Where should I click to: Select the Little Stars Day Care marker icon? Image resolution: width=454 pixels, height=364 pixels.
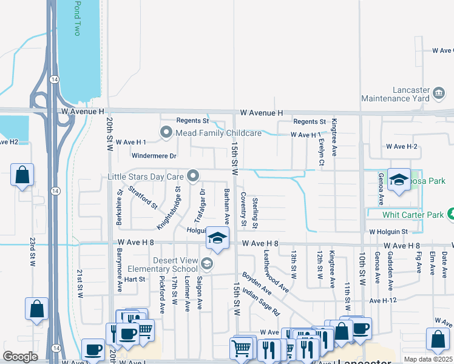(x=194, y=176)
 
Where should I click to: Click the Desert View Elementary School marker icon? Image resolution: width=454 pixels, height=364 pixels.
(x=207, y=263)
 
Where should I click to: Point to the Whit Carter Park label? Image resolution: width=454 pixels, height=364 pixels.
(x=413, y=215)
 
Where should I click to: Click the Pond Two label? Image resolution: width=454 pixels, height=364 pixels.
(x=76, y=18)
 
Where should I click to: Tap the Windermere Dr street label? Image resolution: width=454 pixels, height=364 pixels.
(x=155, y=156)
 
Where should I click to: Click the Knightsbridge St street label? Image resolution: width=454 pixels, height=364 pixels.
(x=169, y=208)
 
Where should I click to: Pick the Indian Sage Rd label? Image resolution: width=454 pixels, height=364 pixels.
(x=260, y=303)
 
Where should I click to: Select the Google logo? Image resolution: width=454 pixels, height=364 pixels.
(x=20, y=357)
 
